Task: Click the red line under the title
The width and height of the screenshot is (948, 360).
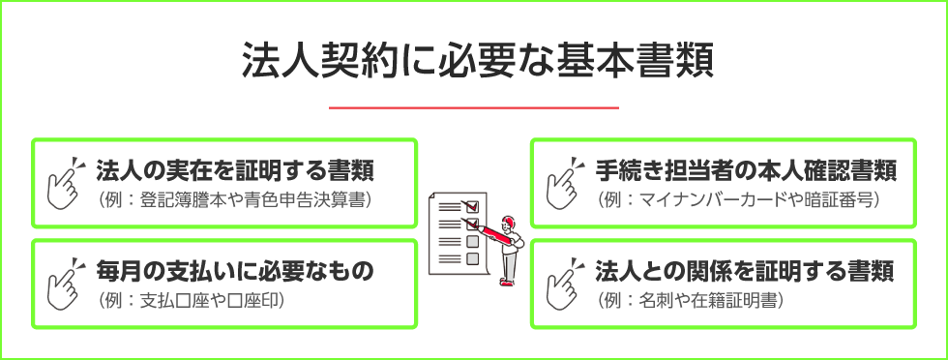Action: (x=474, y=107)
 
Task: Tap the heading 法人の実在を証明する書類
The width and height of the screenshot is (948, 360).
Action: (x=235, y=171)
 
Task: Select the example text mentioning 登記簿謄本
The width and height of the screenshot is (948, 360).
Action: (x=235, y=200)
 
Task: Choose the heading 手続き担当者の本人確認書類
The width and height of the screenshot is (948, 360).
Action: (x=746, y=171)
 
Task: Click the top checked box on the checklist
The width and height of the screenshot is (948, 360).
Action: (x=472, y=206)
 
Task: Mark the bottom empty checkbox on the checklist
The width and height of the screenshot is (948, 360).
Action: (x=472, y=259)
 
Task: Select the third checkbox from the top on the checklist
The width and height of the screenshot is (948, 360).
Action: (x=472, y=242)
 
